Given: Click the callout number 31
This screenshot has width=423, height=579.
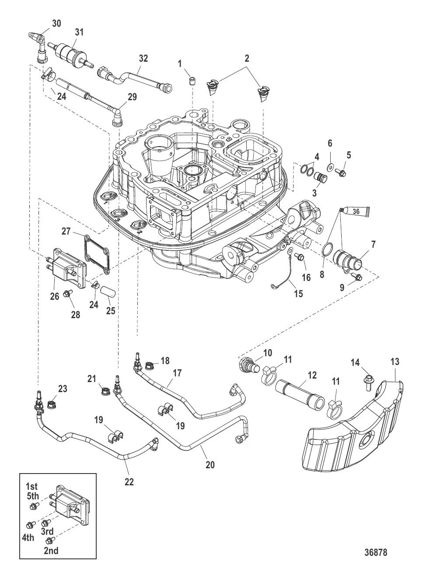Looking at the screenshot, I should pyautogui.click(x=79, y=32).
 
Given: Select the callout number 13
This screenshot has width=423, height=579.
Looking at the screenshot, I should pyautogui.click(x=395, y=362).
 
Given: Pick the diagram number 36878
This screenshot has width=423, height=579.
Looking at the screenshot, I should pyautogui.click(x=376, y=552).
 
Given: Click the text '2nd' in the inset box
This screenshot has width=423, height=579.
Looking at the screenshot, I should pyautogui.click(x=51, y=551).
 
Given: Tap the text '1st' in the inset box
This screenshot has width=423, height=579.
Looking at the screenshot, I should pyautogui.click(x=31, y=486).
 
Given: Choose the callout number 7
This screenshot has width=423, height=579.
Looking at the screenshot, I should pyautogui.click(x=373, y=245).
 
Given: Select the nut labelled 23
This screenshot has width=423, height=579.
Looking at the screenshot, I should pyautogui.click(x=51, y=400).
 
